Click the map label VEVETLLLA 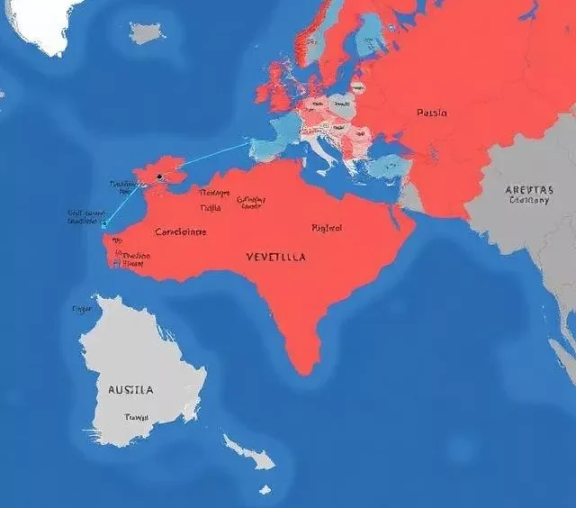coord(275,257)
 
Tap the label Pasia coord(432,113)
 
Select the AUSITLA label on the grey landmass coord(130,390)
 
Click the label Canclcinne coord(181,231)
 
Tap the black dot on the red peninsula coord(158,177)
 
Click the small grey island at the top coord(147,33)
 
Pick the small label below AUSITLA coord(137,417)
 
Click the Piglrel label coord(327,228)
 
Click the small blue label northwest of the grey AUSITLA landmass coord(81,309)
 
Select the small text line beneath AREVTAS coord(528,201)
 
